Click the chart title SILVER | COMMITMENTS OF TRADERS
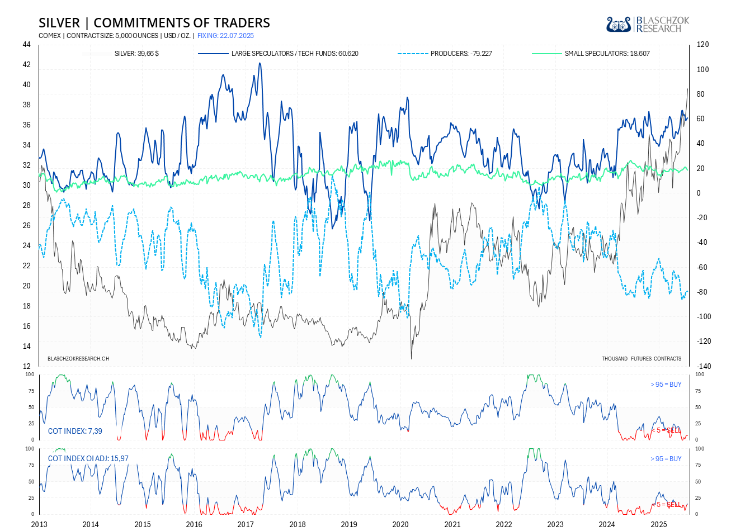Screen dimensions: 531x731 (x=154, y=23)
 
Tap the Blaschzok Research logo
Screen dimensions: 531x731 (x=648, y=24)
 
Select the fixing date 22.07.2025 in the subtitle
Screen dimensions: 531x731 (x=225, y=36)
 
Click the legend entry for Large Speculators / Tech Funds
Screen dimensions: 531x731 (x=295, y=54)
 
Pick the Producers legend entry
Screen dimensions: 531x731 (x=461, y=54)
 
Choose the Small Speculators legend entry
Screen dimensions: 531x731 (x=607, y=54)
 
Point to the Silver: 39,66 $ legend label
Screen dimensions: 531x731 (x=136, y=54)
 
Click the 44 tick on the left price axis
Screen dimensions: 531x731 (x=27, y=45)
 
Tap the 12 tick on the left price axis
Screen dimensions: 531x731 (x=27, y=366)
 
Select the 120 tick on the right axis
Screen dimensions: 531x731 (x=702, y=45)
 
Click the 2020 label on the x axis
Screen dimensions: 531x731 (x=400, y=524)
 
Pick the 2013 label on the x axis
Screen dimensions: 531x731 (x=39, y=524)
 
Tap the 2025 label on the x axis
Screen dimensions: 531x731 (x=658, y=524)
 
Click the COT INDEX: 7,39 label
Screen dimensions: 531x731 (x=75, y=431)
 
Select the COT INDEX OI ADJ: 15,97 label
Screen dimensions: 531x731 (x=88, y=458)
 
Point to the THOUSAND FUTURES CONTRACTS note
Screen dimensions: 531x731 (x=642, y=358)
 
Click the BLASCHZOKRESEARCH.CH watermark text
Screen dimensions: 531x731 (x=78, y=358)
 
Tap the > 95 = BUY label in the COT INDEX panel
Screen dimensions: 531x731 (x=666, y=385)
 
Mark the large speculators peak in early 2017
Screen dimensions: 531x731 (x=260, y=63)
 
